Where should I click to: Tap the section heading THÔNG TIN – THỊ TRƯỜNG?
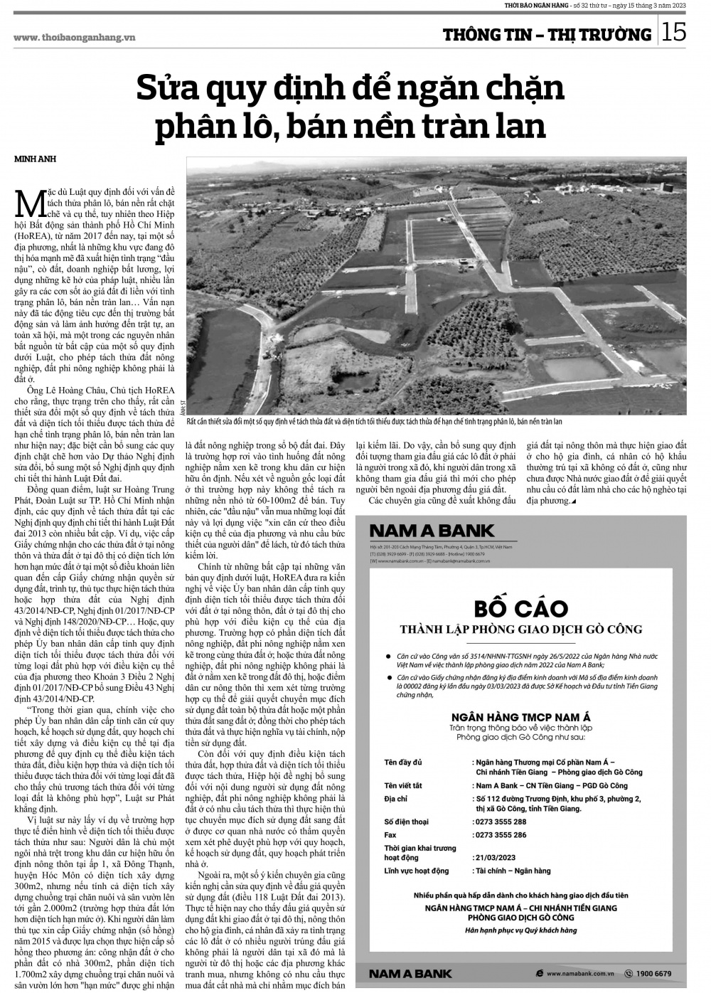[x=547, y=35]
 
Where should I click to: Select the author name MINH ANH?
[x=35, y=159]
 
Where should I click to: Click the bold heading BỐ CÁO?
[x=521, y=609]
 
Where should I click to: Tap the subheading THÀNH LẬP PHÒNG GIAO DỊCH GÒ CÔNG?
[x=521, y=629]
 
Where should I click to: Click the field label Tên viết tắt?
[x=404, y=785]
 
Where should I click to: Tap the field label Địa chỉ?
[x=395, y=799]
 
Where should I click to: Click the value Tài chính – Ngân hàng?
[x=513, y=871]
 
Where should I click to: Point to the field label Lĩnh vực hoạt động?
[x=417, y=871]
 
